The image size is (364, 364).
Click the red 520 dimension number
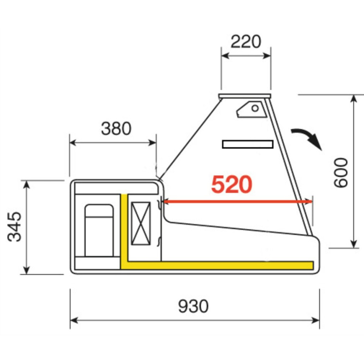(232, 184)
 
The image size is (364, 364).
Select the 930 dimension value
(193, 306)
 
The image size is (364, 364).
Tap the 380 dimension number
(116, 128)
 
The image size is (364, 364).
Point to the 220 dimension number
(246, 41)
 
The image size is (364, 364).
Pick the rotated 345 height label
(15, 227)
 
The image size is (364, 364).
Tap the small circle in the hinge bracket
(255, 108)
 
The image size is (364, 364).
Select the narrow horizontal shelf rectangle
(248, 144)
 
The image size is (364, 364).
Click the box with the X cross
(141, 223)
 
